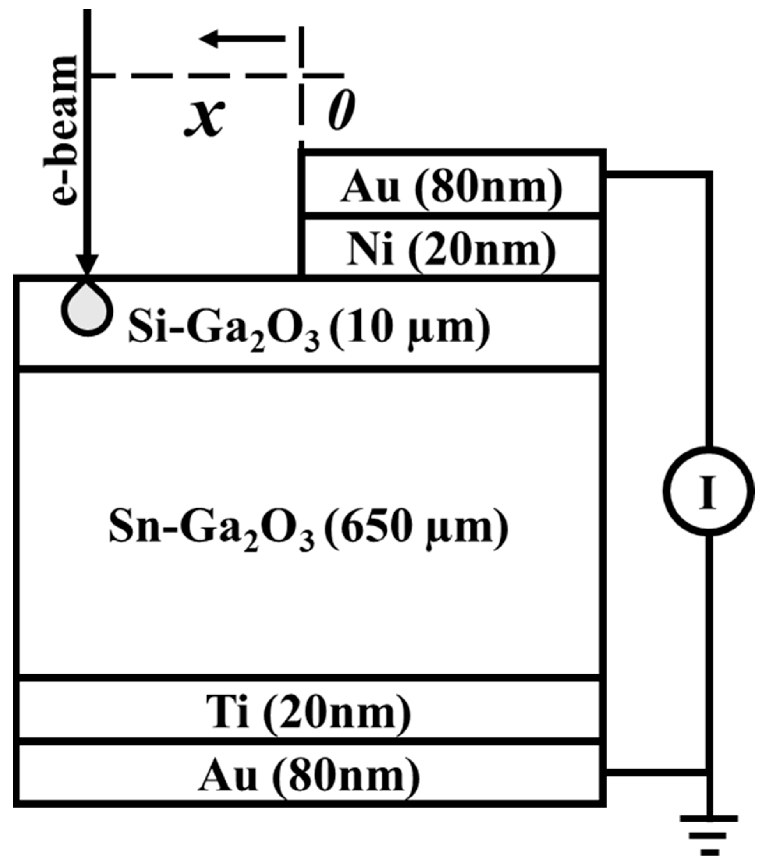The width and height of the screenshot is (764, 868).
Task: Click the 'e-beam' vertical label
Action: click(x=65, y=129)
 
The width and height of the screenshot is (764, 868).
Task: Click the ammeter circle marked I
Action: click(x=707, y=491)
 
